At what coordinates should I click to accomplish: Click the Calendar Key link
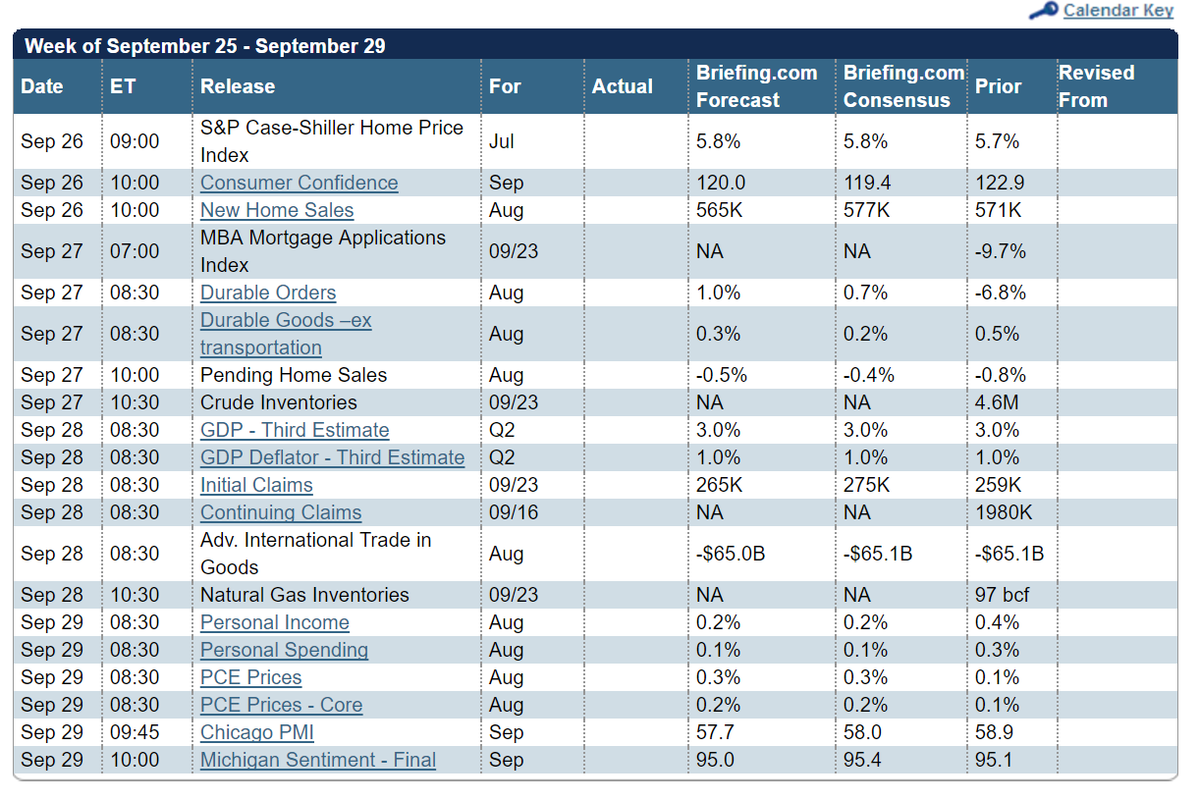click(x=1117, y=11)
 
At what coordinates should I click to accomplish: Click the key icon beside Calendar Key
click(x=1043, y=11)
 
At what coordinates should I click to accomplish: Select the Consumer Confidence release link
click(x=299, y=183)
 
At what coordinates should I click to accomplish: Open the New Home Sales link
click(x=277, y=210)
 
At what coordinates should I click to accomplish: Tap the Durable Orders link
click(x=268, y=293)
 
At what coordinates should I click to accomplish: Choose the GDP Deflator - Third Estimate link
click(x=332, y=457)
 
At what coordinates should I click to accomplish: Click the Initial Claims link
click(x=256, y=485)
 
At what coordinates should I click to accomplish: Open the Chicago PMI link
click(x=257, y=732)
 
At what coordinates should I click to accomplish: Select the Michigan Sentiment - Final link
click(x=318, y=760)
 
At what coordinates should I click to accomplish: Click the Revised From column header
click(x=1096, y=86)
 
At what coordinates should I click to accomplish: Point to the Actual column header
click(x=622, y=86)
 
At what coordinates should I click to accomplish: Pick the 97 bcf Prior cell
click(x=1002, y=595)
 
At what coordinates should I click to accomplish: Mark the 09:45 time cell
click(x=135, y=732)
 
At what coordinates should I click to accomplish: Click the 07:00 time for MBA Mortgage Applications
click(x=135, y=251)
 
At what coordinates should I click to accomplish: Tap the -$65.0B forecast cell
click(x=731, y=554)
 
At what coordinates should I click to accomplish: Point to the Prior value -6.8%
click(x=1000, y=293)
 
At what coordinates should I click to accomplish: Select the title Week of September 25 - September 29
click(x=204, y=45)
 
